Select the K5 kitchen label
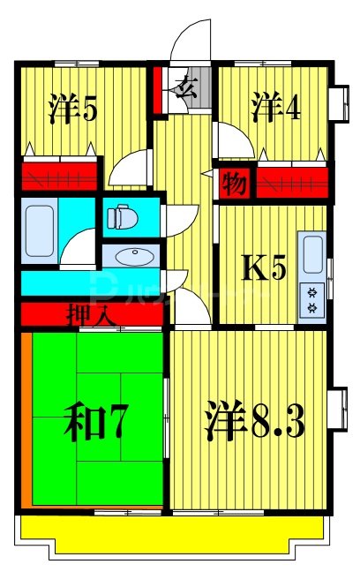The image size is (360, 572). click(x=265, y=267)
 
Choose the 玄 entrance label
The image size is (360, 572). click(x=186, y=87)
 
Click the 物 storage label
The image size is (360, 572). click(x=233, y=184)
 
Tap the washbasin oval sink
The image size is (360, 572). click(x=133, y=256)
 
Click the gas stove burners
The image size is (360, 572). click(x=312, y=300)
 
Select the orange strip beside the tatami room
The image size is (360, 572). click(x=26, y=419)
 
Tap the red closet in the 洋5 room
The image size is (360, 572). click(x=60, y=174)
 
